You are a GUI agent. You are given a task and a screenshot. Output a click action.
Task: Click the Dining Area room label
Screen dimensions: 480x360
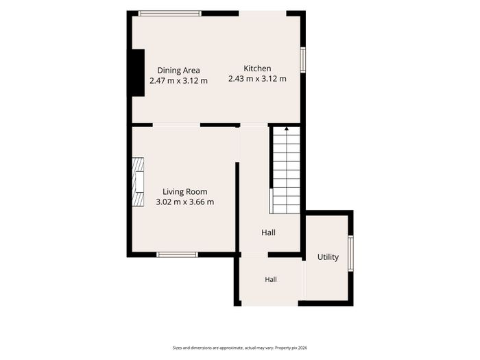coord(178,71)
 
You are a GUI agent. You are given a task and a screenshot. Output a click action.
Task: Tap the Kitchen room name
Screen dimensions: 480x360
coord(257,69)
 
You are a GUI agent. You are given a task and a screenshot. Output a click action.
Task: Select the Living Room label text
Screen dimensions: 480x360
coord(185,191)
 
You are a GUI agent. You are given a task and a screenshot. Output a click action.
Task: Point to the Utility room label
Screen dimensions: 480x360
coord(328,257)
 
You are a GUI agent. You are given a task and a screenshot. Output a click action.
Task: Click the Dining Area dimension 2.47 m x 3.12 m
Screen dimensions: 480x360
coord(178,81)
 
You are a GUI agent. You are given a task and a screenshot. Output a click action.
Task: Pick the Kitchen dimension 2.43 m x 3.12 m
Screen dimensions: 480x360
coord(257,79)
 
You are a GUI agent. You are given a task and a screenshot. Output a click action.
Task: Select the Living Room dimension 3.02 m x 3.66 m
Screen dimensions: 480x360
coord(185,202)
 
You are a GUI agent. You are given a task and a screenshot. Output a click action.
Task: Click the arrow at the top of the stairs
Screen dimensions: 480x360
coord(287,129)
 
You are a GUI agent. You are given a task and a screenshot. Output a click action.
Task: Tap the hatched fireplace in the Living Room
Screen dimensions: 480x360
coord(138,182)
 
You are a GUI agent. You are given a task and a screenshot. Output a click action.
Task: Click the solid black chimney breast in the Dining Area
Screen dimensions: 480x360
coord(138,73)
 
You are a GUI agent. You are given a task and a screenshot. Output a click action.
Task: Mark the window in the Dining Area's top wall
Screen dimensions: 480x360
coord(169,13)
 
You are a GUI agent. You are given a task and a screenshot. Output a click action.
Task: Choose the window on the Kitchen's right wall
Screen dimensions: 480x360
coord(303,60)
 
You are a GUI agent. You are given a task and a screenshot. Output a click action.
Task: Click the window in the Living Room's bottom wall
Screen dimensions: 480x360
coord(177,254)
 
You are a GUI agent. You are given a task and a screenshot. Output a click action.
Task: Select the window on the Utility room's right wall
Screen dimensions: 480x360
coord(351,253)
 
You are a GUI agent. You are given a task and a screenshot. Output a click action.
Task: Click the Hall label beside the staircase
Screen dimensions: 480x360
coord(268,232)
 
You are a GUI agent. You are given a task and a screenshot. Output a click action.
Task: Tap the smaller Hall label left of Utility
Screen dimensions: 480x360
coord(271,280)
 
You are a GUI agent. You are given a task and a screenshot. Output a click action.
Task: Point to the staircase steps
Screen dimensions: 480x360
coord(287,170)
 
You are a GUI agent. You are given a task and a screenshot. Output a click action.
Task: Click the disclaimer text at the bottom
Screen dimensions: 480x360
coord(240,348)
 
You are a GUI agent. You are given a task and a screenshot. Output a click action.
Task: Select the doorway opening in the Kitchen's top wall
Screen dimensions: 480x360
coord(263,14)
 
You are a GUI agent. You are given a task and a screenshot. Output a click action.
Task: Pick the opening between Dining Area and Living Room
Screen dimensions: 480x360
coord(176,125)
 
